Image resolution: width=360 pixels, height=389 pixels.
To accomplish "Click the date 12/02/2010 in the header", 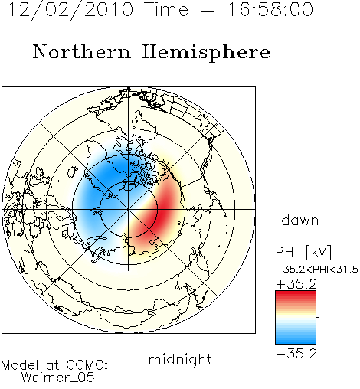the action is click(70, 10).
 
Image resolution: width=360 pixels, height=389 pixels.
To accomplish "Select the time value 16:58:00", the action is click(270, 9).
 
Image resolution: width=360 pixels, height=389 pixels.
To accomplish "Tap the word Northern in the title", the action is click(82, 51).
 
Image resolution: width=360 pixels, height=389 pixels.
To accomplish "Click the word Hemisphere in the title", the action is click(206, 53).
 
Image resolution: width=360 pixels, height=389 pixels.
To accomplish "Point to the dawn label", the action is click(300, 220).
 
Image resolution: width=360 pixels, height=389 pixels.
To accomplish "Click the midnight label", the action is click(180, 360).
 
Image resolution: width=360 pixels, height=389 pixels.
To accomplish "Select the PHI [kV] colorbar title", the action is click(303, 252).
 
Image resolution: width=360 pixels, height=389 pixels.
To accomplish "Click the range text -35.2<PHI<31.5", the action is click(317, 270).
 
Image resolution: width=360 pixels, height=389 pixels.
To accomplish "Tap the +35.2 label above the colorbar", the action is click(296, 284).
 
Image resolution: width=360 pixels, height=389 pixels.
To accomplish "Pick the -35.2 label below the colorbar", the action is click(296, 354).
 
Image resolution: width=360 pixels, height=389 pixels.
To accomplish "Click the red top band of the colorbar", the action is click(296, 295).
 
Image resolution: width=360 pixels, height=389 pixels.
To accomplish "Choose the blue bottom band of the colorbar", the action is click(296, 339).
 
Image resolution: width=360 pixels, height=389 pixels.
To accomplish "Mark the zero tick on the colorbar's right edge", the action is click(318, 317).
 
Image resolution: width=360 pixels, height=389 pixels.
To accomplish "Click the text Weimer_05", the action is click(58, 378).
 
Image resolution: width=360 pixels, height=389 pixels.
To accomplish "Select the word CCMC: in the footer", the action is click(87, 365).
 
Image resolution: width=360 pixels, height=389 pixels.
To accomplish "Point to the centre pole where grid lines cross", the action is click(129, 209).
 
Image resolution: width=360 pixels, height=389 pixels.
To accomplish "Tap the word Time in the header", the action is click(166, 9).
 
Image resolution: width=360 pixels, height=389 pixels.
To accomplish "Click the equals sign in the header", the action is click(208, 10).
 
